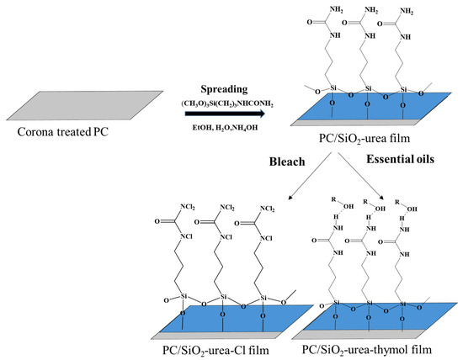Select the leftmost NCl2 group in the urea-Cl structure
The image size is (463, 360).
point(190,204)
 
